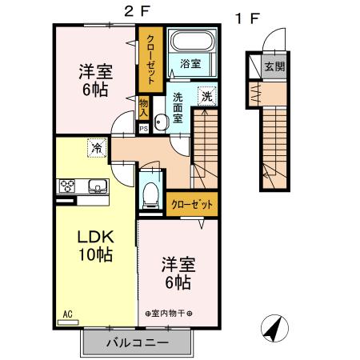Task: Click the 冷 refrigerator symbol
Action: pos(97,148)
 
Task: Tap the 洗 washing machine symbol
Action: pos(206,94)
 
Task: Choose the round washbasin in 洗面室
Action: pos(161,122)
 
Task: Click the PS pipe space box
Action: pos(143,128)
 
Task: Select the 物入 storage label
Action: pos(144,106)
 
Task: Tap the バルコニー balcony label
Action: pos(137,344)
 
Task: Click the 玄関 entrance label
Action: pos(274,66)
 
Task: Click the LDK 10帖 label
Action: pos(94,246)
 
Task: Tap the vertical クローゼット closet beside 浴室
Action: pos(150,58)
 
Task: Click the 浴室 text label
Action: pos(189,63)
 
